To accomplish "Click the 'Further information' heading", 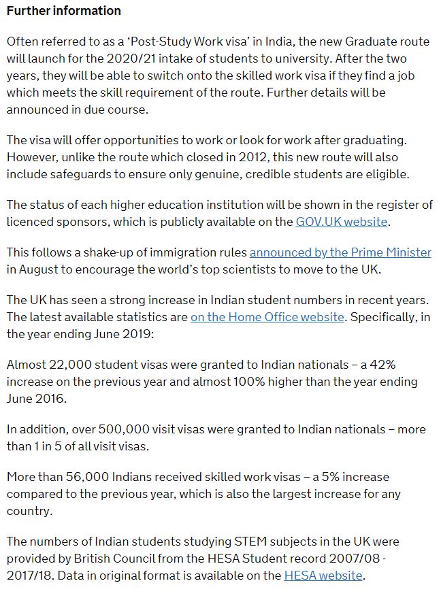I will [64, 11].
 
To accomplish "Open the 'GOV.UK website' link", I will [342, 222].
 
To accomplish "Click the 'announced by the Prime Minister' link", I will [340, 252].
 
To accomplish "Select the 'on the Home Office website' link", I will [267, 316].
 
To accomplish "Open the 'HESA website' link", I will [323, 576].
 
